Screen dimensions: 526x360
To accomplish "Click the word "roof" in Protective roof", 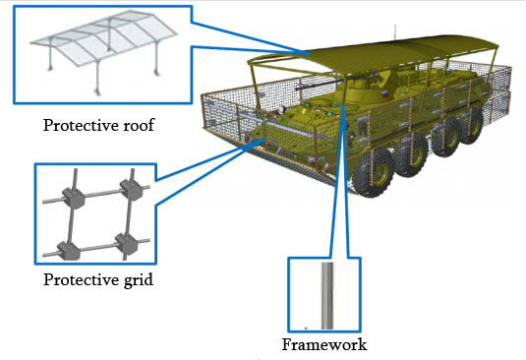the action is (x=139, y=125).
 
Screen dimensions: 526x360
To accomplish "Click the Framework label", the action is (x=324, y=344).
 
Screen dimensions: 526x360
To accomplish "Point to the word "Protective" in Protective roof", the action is (x=82, y=126).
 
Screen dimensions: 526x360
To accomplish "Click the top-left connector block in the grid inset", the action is (x=74, y=199).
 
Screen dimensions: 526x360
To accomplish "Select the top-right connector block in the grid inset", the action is (x=132, y=190).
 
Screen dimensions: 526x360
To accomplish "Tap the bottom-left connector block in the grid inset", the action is (x=69, y=251).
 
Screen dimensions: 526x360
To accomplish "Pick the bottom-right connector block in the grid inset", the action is (x=127, y=244).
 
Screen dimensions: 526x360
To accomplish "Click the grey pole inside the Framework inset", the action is (x=327, y=296).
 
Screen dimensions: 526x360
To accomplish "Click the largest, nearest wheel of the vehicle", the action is (x=373, y=172).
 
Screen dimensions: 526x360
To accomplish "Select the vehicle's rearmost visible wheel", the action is (x=472, y=127).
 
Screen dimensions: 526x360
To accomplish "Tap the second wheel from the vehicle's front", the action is (x=411, y=155).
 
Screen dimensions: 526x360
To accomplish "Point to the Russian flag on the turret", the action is (x=385, y=94).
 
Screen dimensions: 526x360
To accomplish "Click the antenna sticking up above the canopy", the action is (x=395, y=30).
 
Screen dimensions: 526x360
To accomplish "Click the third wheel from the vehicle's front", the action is (x=445, y=140).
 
